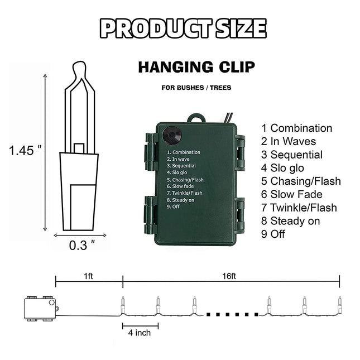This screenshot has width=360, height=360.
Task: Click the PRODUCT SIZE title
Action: (183, 28)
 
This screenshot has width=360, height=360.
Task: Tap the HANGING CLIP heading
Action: (196, 67)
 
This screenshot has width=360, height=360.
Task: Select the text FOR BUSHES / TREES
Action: (196, 88)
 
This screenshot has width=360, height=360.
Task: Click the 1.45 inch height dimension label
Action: (25, 151)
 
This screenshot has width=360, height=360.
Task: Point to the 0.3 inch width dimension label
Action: (82, 245)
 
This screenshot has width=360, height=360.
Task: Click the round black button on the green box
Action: (172, 136)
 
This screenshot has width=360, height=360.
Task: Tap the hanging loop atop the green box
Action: (196, 118)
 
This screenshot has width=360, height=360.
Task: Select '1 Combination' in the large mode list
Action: (296, 128)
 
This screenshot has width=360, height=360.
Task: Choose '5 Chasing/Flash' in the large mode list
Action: (301, 181)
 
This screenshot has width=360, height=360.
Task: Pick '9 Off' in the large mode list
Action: (273, 234)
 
